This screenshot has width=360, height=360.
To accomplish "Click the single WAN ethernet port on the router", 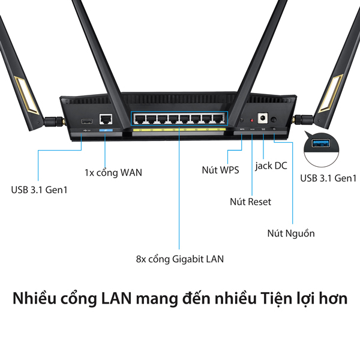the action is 106,119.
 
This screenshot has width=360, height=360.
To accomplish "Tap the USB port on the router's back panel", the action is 87,121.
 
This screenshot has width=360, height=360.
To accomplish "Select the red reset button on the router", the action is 252,121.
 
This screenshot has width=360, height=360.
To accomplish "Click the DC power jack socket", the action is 263,118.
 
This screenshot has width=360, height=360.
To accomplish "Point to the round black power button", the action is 274,119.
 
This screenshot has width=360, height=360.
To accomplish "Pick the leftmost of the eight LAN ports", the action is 140,119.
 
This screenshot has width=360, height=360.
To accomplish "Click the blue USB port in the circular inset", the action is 321,143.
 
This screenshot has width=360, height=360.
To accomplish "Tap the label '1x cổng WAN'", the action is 113,173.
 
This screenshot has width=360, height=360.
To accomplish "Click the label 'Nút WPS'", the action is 220,170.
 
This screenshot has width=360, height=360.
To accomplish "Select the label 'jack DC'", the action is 271,166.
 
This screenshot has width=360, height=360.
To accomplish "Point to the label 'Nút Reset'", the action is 250,202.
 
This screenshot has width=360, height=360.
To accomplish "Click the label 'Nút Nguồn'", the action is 291,233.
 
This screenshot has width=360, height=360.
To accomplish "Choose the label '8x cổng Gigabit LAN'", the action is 180,259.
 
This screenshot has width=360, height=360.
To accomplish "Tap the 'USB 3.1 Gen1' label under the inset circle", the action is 328,178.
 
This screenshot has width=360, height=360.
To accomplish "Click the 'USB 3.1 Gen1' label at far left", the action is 39,190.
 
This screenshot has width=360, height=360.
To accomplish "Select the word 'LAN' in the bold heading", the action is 116,298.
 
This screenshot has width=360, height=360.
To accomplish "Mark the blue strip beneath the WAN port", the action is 106,130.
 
